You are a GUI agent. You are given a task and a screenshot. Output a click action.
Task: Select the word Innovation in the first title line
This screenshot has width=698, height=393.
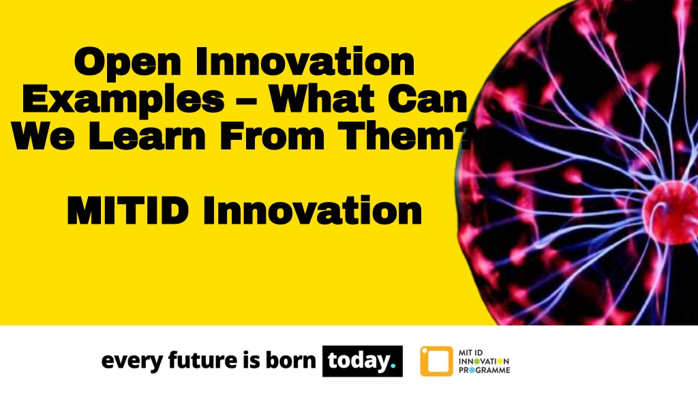pos(304,63)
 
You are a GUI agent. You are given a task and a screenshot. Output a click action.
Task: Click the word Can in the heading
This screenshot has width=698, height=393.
pos(429,100)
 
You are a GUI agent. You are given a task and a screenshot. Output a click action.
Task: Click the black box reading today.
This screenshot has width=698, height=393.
pos(362,361)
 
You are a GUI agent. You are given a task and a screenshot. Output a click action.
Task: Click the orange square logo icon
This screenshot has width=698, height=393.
pos(436,361)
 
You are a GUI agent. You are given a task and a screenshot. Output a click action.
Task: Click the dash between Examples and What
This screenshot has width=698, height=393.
pos(246,102)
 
